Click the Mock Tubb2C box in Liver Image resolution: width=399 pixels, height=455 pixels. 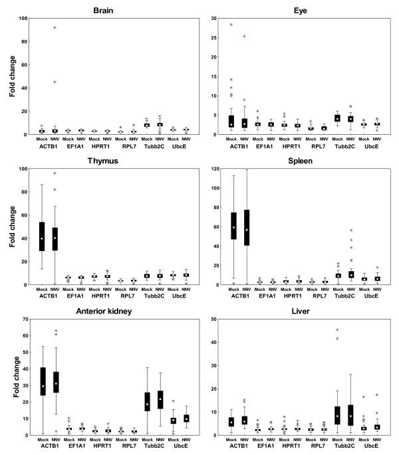(x=337, y=415)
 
